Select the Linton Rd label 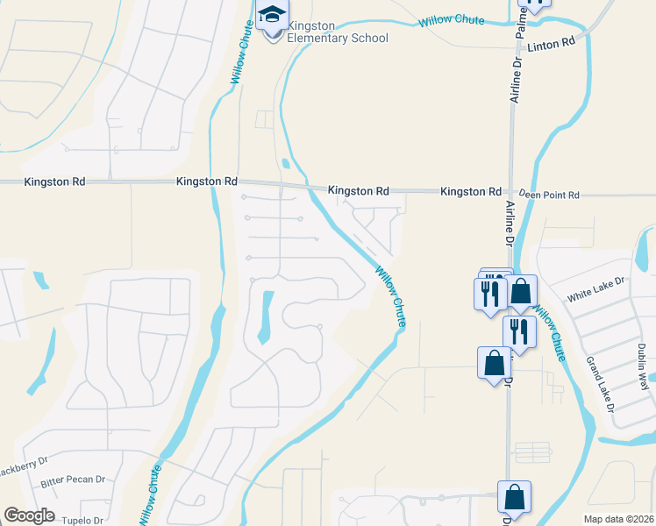(557, 41)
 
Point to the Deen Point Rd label (549, 195)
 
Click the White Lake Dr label (595, 290)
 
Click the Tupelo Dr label (82, 520)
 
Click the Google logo (29, 515)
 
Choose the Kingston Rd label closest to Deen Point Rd (471, 191)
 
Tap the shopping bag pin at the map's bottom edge (514, 497)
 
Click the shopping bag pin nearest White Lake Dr (521, 292)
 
